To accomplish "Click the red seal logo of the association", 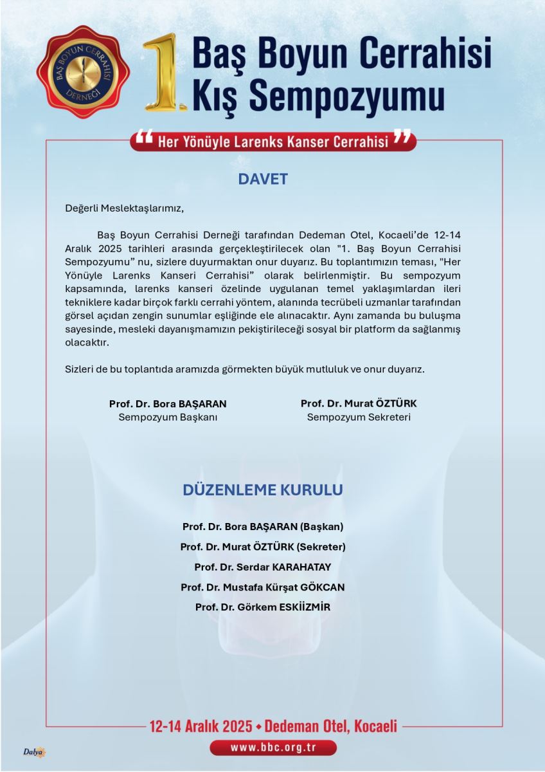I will point(83,72).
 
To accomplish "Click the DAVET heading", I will point(263,179).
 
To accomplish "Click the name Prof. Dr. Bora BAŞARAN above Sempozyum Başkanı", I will point(168,404).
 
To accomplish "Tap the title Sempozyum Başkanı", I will point(168,417).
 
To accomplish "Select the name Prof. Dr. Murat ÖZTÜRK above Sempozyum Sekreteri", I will point(359,403).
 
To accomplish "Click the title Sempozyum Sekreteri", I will point(359,417).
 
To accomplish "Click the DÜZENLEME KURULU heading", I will point(263,490).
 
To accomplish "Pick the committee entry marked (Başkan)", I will point(263,526).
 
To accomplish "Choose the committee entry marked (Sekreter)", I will point(263,547).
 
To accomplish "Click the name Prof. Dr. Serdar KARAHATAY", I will point(263,567).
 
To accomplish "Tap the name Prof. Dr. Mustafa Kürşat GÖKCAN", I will point(263,587).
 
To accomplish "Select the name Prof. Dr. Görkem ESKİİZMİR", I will point(263,607).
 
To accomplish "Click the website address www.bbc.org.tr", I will point(273,748).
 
